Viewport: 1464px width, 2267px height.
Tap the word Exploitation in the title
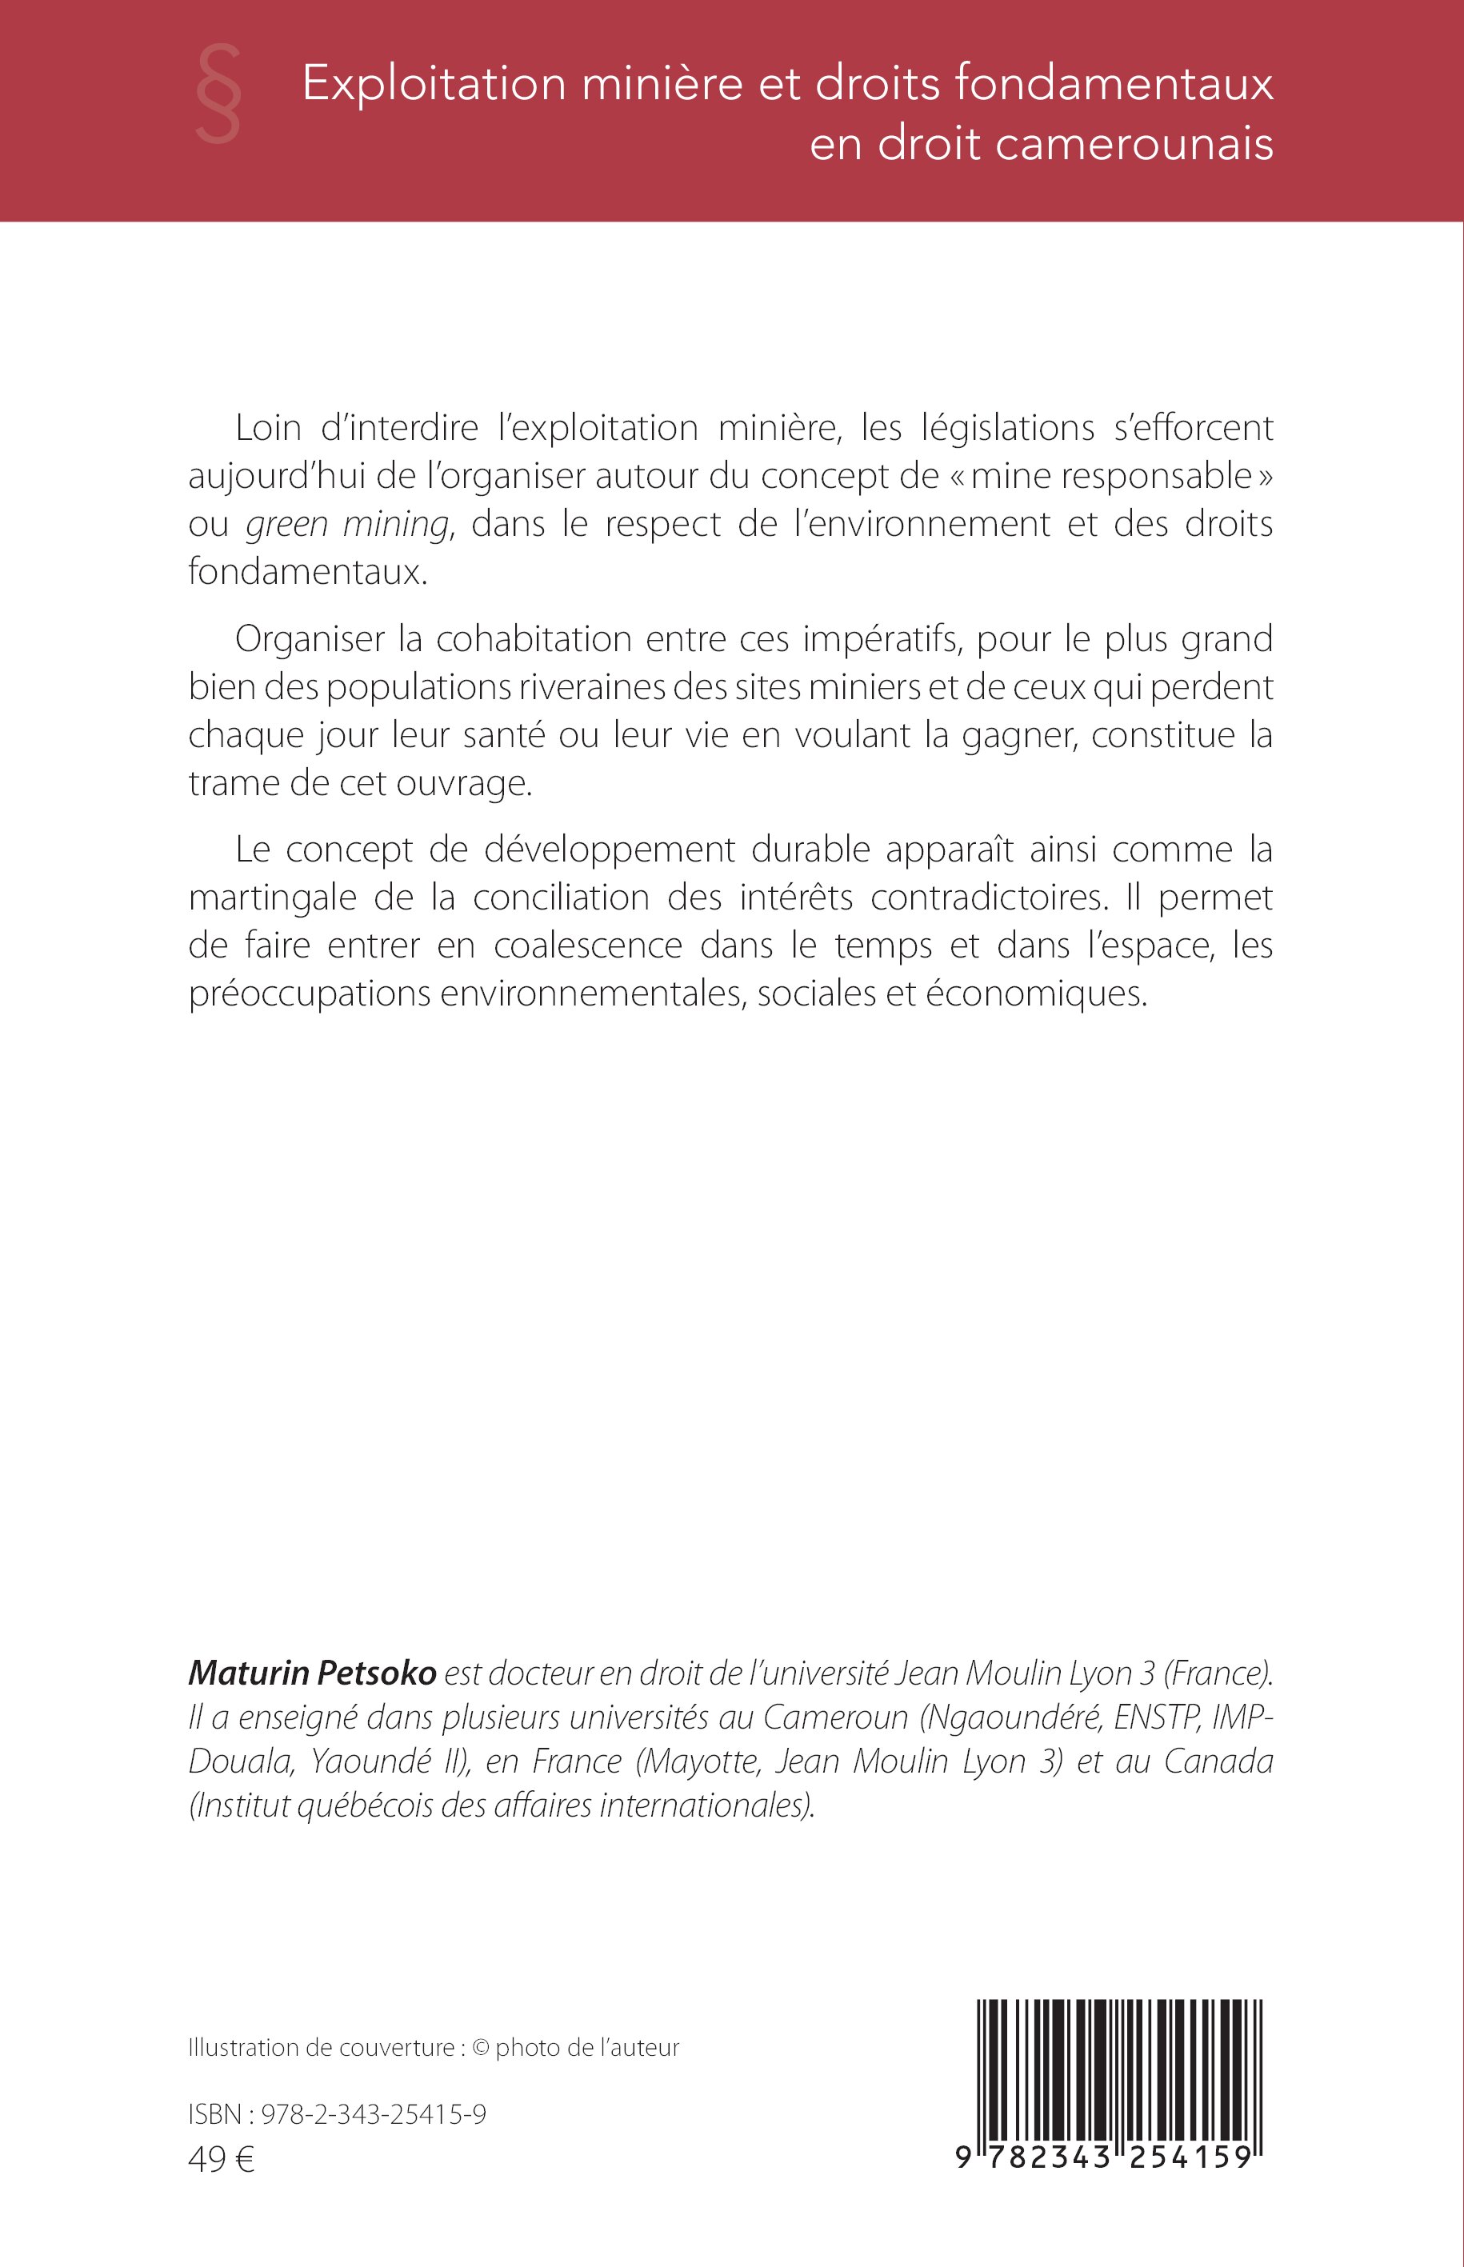(434, 86)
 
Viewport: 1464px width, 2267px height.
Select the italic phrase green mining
(347, 525)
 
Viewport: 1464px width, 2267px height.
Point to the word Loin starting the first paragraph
(268, 429)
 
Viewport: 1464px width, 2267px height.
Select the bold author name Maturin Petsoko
(313, 1673)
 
